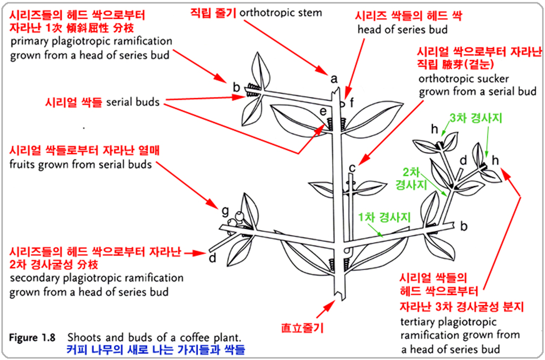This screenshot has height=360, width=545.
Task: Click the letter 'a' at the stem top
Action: [x=334, y=79]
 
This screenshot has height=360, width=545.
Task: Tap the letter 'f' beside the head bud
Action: [x=352, y=103]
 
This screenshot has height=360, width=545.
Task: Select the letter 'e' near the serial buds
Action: [x=323, y=111]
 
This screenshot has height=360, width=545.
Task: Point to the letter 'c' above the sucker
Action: [x=352, y=168]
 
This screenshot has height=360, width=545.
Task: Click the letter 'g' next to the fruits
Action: [x=225, y=211]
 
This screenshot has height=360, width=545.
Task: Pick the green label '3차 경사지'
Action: [x=476, y=118]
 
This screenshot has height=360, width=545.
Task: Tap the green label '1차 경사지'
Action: [x=384, y=217]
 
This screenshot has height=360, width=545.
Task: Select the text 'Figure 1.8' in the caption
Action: [x=32, y=338]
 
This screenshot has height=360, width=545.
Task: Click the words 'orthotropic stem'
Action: [x=280, y=13]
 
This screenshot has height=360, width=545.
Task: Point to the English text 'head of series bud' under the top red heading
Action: [x=402, y=30]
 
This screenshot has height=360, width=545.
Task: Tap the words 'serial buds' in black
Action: [x=133, y=102]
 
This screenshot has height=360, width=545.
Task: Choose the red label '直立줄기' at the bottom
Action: [x=302, y=328]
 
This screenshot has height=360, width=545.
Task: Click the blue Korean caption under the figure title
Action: [x=156, y=349]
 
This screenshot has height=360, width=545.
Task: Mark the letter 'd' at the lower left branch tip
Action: [x=213, y=258]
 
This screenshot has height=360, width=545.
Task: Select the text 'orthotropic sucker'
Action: [x=463, y=78]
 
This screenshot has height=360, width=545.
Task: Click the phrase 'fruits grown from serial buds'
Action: [x=80, y=164]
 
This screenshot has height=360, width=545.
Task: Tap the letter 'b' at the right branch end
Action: [x=464, y=226]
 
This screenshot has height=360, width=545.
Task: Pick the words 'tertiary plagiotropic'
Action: [x=448, y=322]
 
